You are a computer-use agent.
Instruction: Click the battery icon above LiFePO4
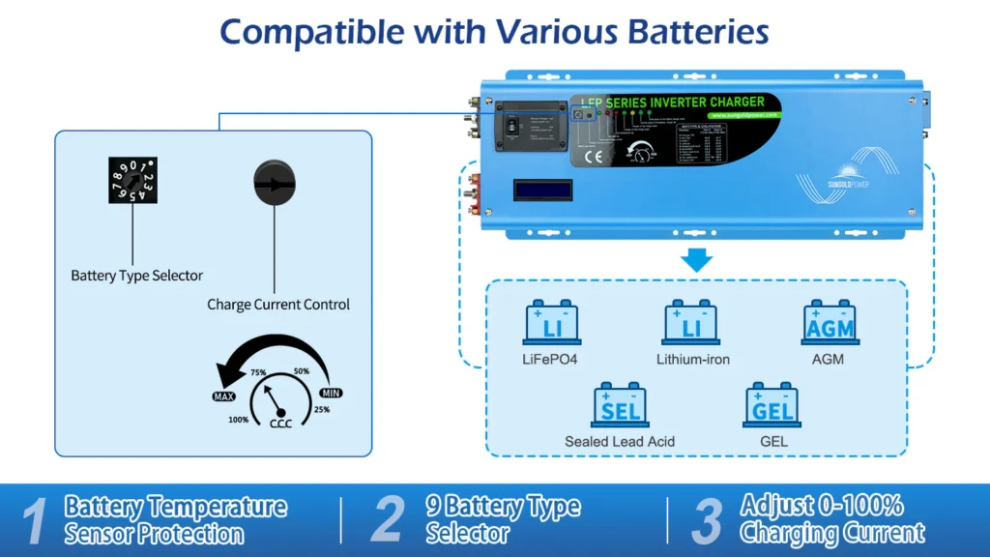(x=552, y=323)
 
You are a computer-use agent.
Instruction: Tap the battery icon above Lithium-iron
(x=690, y=323)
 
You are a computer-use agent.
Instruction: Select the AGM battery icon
(x=830, y=323)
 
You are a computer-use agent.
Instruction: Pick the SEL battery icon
(x=619, y=405)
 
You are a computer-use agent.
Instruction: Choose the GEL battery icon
(x=772, y=405)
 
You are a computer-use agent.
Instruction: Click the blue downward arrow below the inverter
(x=696, y=260)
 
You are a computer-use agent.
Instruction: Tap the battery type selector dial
(x=131, y=181)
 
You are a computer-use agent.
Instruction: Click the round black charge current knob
(x=275, y=182)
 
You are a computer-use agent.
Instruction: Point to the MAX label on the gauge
(x=223, y=396)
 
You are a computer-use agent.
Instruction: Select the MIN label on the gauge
(x=331, y=394)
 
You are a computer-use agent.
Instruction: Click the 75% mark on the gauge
(x=258, y=372)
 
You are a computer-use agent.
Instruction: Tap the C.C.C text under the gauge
(x=280, y=423)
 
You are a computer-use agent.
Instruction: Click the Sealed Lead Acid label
(x=620, y=442)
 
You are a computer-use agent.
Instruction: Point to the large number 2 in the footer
(x=387, y=520)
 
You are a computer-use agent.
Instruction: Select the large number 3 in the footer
(x=707, y=520)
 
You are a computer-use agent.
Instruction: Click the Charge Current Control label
(x=278, y=305)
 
